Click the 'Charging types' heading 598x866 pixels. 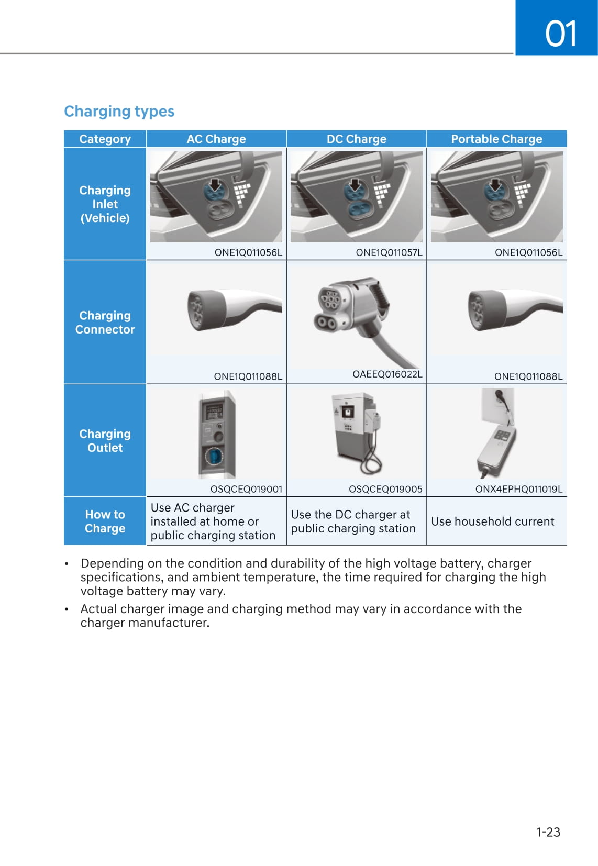[x=119, y=112]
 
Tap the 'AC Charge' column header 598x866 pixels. [x=216, y=139]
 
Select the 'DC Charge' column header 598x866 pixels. [x=356, y=139]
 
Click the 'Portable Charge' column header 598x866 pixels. [x=496, y=139]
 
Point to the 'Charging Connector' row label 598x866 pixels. [x=105, y=323]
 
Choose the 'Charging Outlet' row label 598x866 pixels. [x=105, y=441]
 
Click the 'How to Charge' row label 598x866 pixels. [x=105, y=521]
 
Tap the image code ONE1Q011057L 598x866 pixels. [x=389, y=252]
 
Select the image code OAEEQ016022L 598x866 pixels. [x=387, y=374]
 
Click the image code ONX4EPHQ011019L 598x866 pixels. [x=518, y=490]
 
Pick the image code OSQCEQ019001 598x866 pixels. [x=246, y=490]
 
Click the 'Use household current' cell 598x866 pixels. [x=492, y=521]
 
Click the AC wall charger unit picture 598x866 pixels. [x=216, y=435]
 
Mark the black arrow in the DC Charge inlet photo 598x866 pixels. [x=355, y=184]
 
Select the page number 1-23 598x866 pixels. [x=548, y=832]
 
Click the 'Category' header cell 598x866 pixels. [x=105, y=139]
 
